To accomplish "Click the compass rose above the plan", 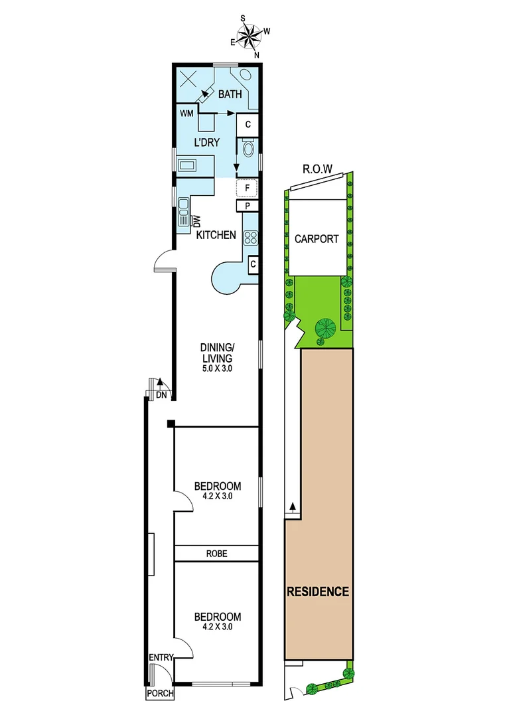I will (250, 36).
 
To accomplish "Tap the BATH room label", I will (230, 94).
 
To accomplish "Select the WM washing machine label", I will (186, 114).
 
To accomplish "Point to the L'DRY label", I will (206, 143).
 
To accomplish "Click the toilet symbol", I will (249, 147).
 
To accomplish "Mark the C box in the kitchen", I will (253, 265).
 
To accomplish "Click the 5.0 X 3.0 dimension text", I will (218, 369).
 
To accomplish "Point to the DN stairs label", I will (161, 395).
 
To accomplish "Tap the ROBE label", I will (217, 553).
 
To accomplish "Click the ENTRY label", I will (161, 657).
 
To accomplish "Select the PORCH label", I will (160, 694).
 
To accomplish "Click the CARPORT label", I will (316, 239).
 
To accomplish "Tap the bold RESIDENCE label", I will (318, 592).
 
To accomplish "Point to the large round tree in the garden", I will (325, 327).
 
